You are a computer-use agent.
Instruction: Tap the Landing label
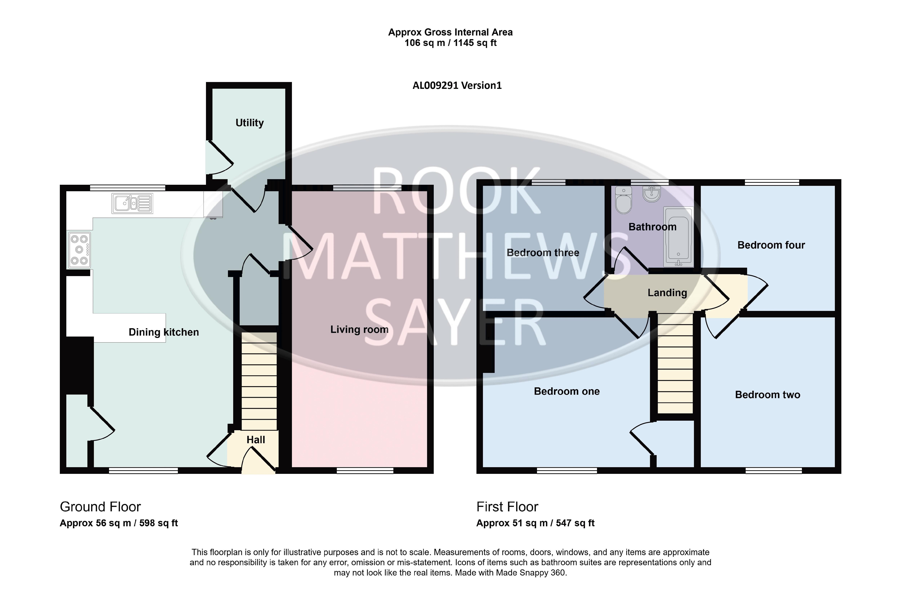point(667,293)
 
